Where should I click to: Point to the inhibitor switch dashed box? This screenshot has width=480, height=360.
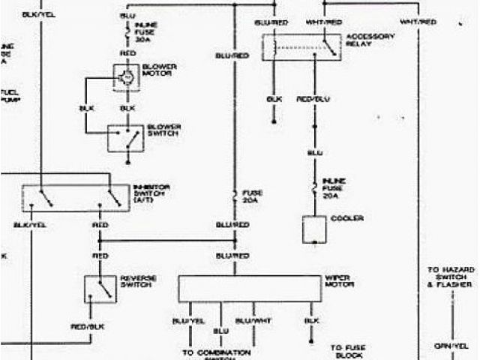pyautogui.click(x=75, y=197)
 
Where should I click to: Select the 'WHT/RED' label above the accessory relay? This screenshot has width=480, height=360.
pyautogui.click(x=324, y=22)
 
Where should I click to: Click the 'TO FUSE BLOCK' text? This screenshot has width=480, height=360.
pyautogui.click(x=347, y=351)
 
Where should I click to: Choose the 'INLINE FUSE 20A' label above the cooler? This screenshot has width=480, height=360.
pyautogui.click(x=334, y=186)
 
